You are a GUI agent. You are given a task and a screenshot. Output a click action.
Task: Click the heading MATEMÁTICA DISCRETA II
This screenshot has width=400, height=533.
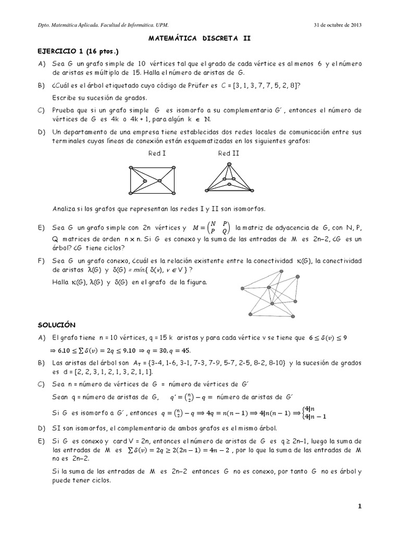[x=200, y=38]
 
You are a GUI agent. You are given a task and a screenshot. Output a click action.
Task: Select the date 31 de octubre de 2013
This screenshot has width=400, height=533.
[x=339, y=25]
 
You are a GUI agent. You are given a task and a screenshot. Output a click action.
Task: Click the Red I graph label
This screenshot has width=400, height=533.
[x=157, y=153]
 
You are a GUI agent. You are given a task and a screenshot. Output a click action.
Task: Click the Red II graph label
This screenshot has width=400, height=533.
[x=228, y=153]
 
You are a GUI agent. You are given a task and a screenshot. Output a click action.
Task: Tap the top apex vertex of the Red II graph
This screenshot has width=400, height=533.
[x=227, y=164]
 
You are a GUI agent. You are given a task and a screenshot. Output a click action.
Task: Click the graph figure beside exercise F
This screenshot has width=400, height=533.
[x=271, y=297]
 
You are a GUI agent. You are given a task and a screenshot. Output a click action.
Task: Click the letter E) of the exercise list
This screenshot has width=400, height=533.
[x=41, y=228]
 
